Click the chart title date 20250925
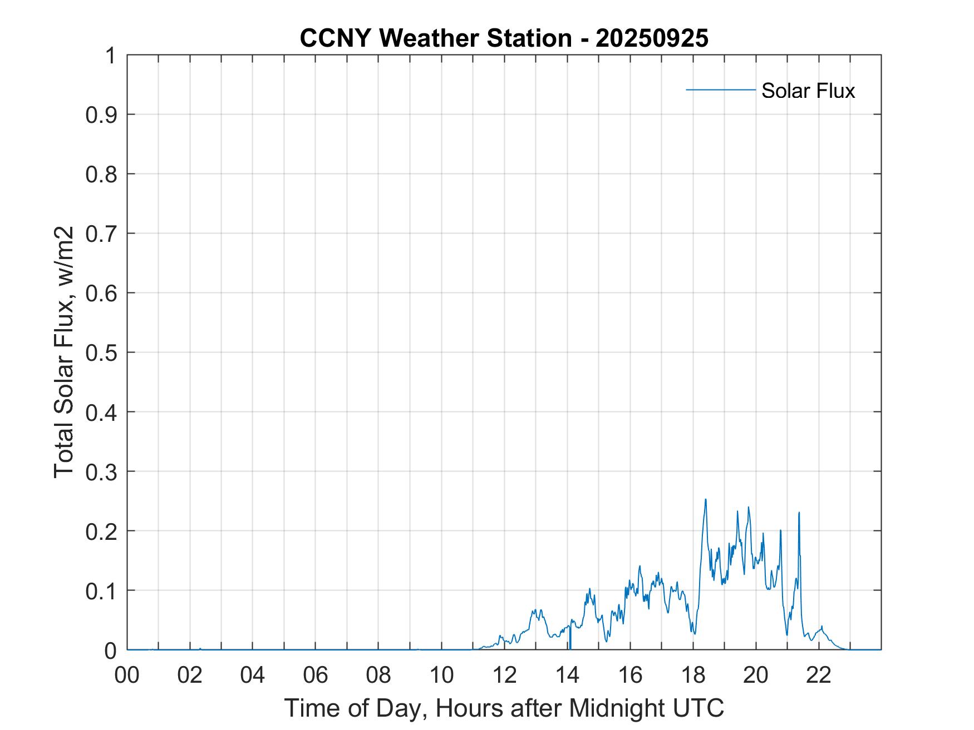(652, 38)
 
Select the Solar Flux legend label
(808, 91)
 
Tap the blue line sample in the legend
(720, 90)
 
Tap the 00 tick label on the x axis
(127, 675)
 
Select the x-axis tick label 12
(505, 675)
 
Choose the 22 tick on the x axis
(819, 675)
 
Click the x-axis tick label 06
(316, 675)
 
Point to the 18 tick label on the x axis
(693, 675)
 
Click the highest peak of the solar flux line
(706, 500)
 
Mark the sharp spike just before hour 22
(799, 513)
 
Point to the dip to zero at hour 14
(570, 645)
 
